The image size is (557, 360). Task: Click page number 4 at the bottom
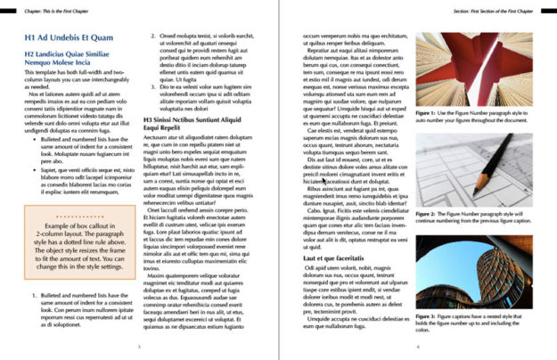417,347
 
